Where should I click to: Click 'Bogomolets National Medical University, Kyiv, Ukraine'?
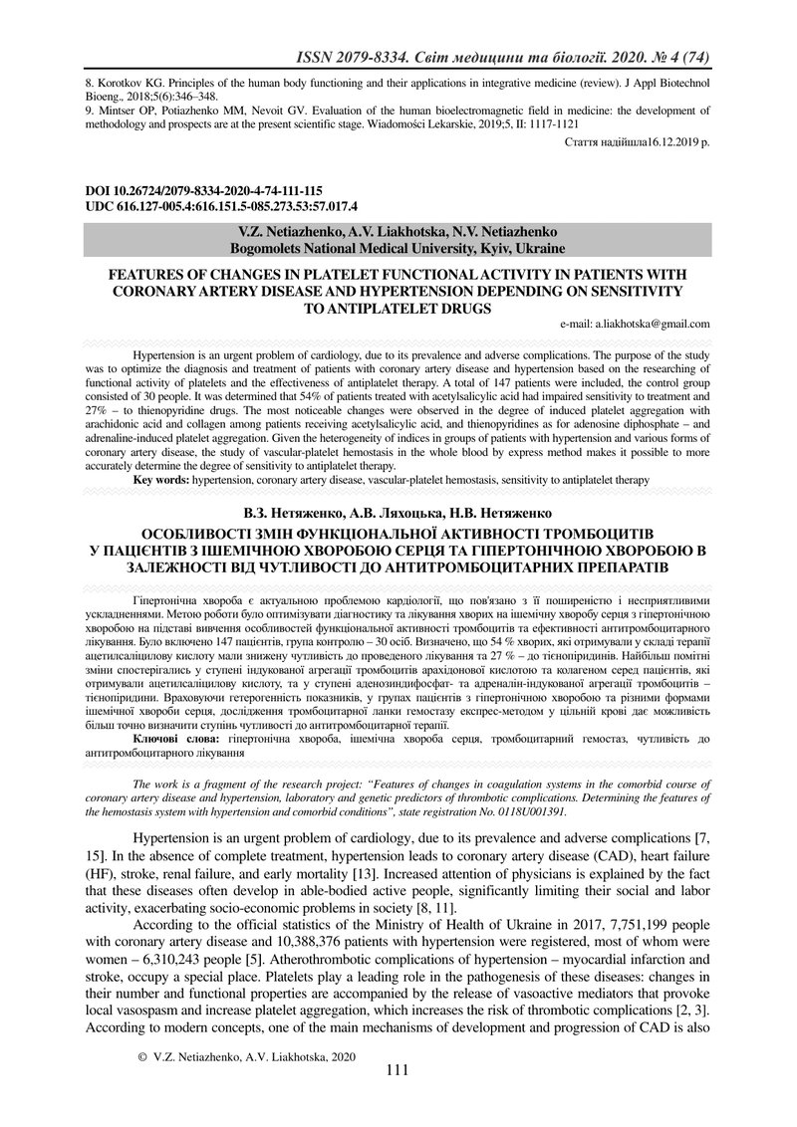click(x=398, y=247)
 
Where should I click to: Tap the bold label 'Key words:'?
click(x=162, y=480)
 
